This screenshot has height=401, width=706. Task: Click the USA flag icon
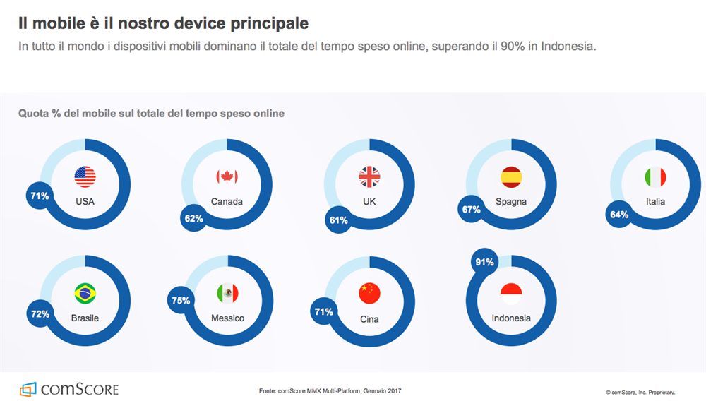pos(85,176)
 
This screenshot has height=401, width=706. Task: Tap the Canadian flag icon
pos(227,176)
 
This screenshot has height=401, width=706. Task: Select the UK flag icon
pos(369,176)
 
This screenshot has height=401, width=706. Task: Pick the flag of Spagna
pos(510,176)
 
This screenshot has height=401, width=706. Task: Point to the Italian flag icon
pos(655,176)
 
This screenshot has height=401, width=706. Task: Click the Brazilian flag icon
pos(85,293)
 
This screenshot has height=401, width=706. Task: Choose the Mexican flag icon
pos(227,293)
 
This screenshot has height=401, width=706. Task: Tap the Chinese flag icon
pos(369,293)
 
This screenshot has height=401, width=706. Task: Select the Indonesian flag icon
pos(510,293)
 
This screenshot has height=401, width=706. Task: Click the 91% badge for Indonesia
pos(485,263)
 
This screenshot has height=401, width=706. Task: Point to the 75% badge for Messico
pos(181,301)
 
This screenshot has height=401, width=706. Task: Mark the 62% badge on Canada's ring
pos(194,219)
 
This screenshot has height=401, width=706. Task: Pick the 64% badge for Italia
pos(619,215)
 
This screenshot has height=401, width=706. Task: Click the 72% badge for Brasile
pos(40,313)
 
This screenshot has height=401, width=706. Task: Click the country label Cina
pos(369,319)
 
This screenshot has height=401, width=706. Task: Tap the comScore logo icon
pos(28,389)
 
